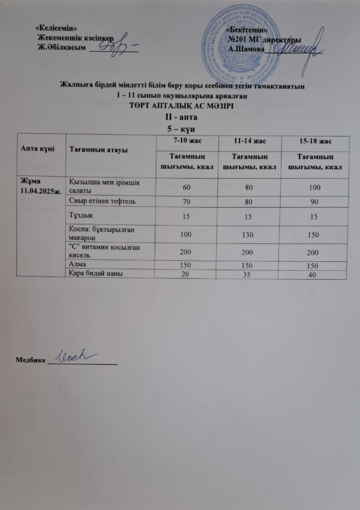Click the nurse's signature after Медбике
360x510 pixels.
77,357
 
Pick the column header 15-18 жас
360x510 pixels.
314,141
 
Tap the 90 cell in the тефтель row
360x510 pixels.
314,202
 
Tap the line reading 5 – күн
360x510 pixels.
180,129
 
